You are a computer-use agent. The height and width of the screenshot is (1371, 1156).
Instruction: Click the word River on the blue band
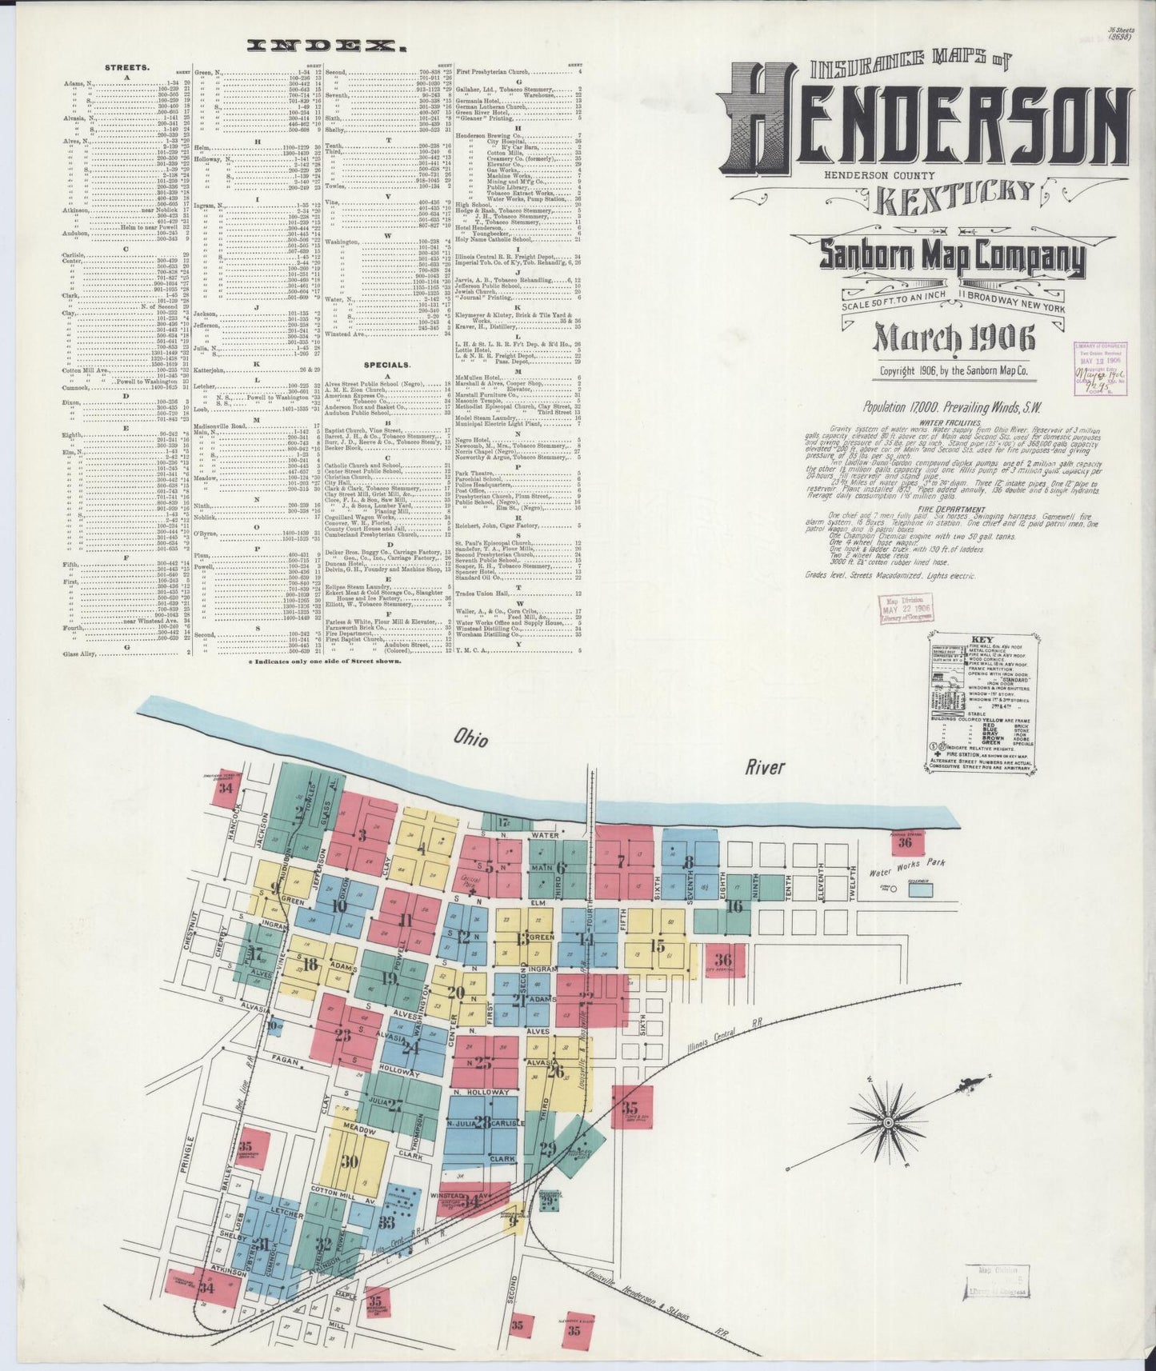pyautogui.click(x=765, y=769)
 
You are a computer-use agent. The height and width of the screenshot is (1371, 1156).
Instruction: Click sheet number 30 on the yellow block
pyautogui.click(x=350, y=1162)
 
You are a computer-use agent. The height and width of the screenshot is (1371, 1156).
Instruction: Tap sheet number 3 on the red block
pyautogui.click(x=362, y=837)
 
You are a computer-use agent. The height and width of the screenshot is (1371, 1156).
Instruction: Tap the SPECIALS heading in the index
pyautogui.click(x=387, y=364)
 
